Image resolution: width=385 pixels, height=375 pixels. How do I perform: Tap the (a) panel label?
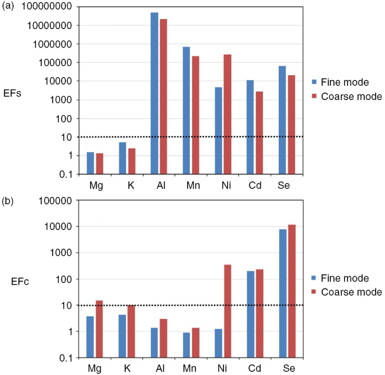8,6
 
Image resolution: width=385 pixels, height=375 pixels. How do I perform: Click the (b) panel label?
8,201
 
